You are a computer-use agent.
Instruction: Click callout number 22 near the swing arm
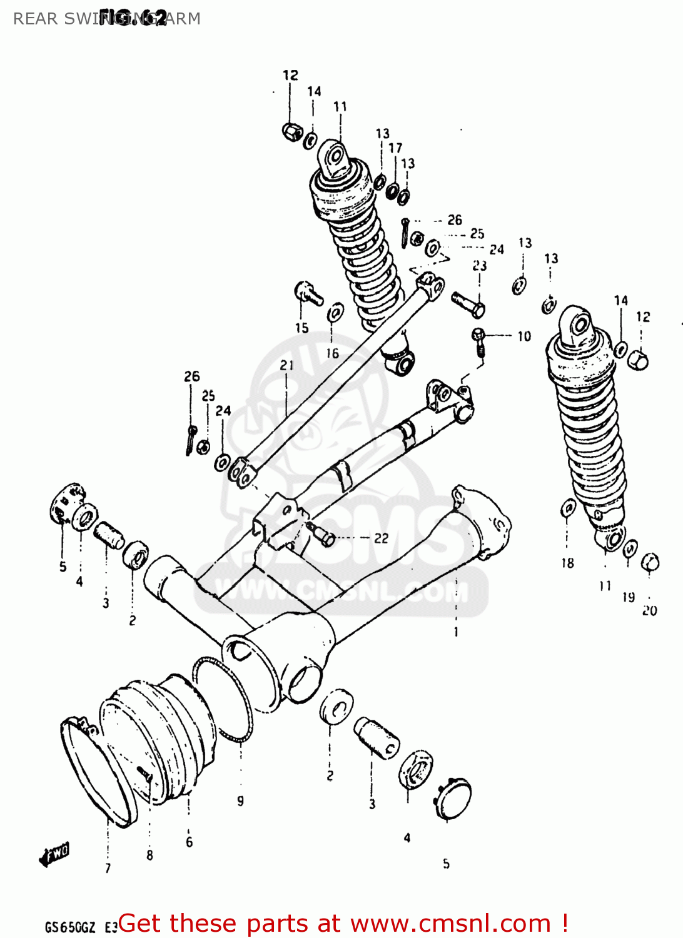[x=381, y=538]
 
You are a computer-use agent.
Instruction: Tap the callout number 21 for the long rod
[x=286, y=365]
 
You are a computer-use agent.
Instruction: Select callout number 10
[x=524, y=336]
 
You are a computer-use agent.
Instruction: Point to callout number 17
[x=395, y=148]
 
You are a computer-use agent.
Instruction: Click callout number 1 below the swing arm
[x=456, y=632]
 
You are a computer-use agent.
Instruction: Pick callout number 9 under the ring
[x=241, y=800]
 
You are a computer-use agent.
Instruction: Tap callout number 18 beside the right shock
[x=567, y=563]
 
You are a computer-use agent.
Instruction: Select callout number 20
[x=650, y=610]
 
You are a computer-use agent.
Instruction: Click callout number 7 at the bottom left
[x=108, y=868]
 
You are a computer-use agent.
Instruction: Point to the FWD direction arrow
[x=54, y=854]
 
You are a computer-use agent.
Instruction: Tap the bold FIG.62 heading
[x=133, y=18]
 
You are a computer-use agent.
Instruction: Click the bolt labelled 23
[x=468, y=305]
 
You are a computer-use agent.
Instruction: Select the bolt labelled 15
[x=307, y=292]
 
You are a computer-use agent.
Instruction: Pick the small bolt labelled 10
[x=479, y=341]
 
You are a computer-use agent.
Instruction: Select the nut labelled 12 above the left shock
[x=291, y=131]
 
